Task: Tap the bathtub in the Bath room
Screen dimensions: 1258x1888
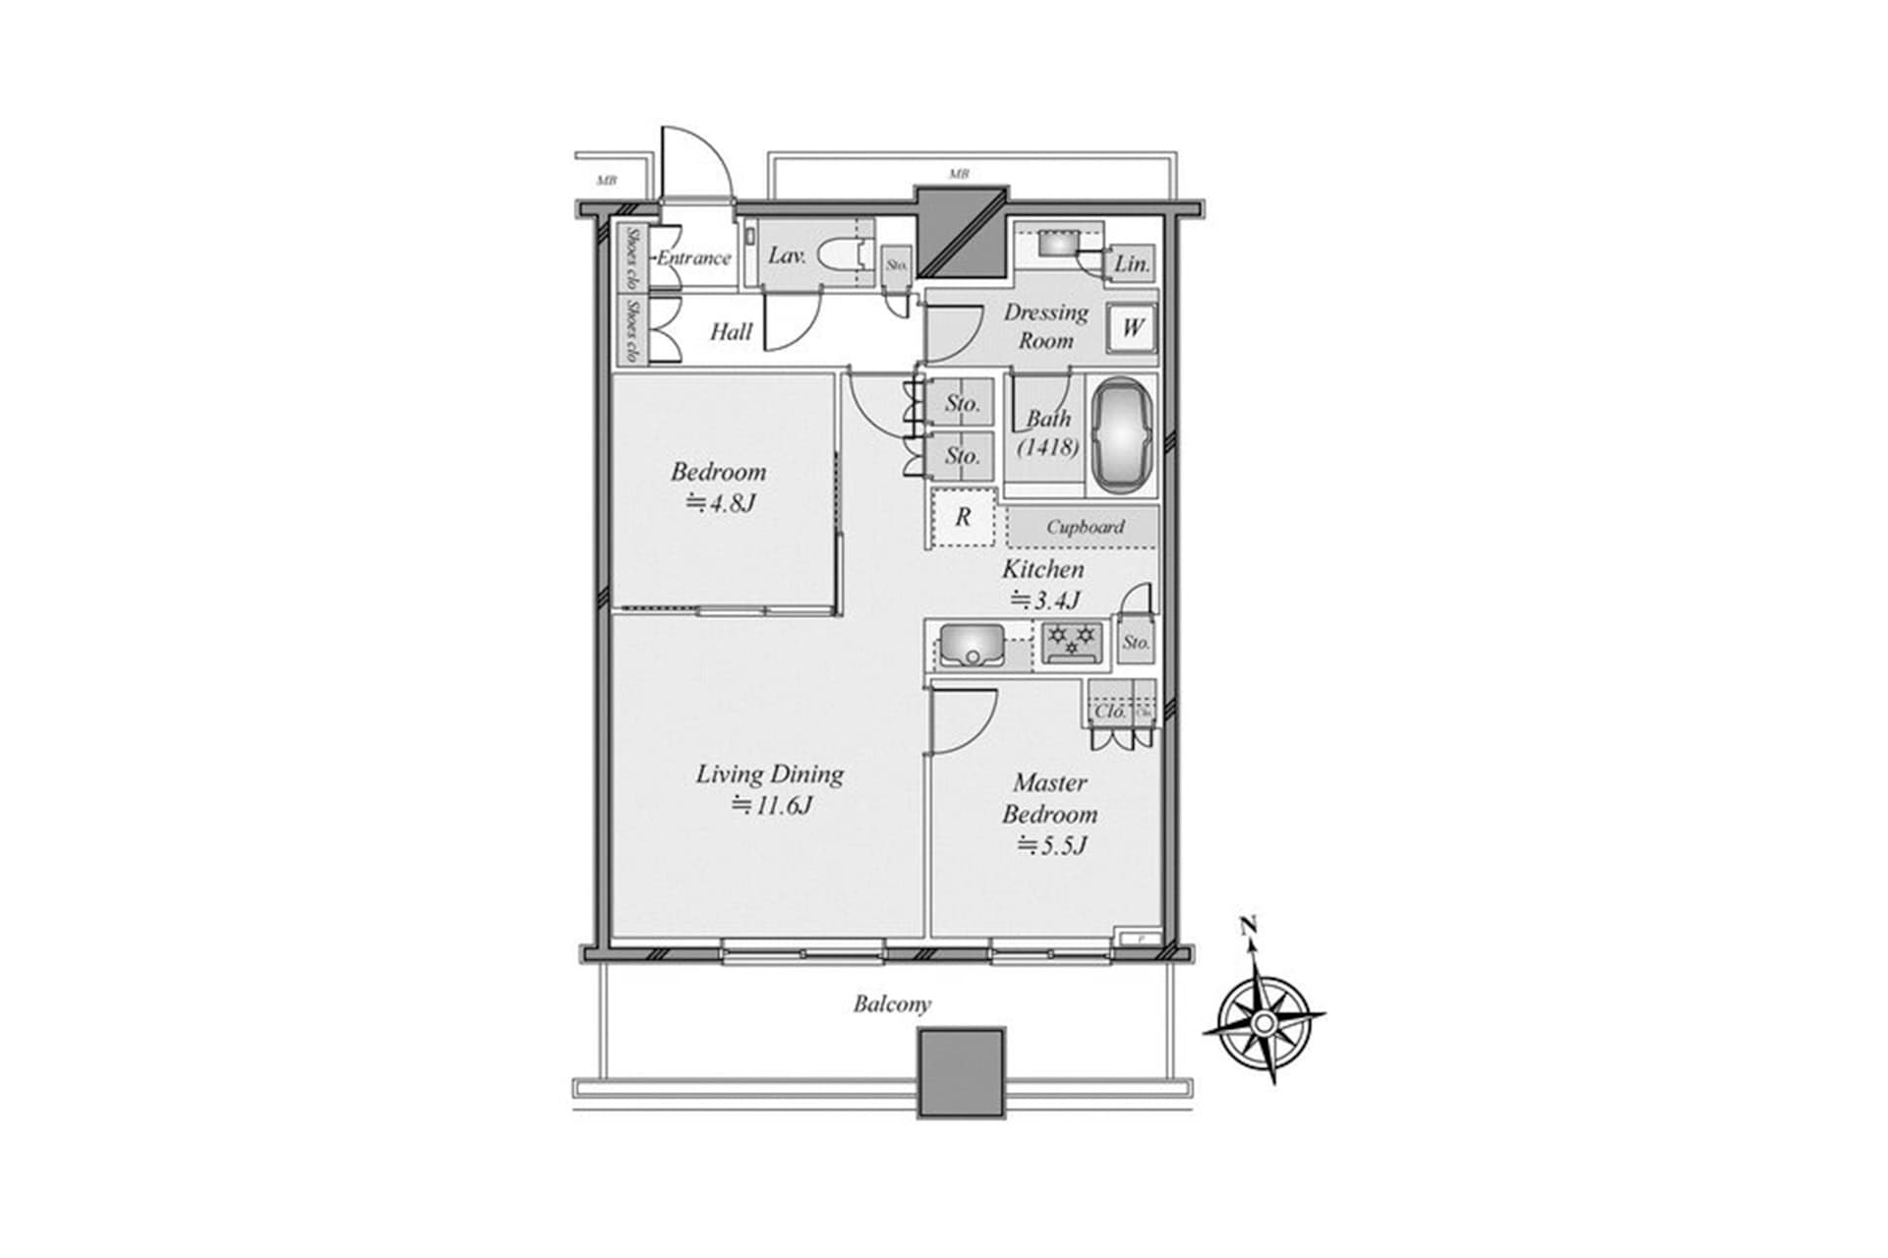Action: (1123, 437)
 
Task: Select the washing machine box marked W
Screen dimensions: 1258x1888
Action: (1132, 327)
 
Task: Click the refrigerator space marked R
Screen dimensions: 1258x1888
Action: (963, 516)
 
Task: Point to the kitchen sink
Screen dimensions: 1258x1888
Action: (972, 646)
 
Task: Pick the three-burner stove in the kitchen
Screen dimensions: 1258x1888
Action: (1072, 643)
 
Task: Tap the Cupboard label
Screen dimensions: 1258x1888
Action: (1084, 527)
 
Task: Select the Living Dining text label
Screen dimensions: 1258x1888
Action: (769, 774)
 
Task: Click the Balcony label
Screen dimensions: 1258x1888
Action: (891, 1004)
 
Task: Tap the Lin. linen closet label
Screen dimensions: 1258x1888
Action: (1131, 264)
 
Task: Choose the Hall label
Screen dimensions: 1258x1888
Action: (731, 332)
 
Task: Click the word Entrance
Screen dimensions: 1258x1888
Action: (694, 258)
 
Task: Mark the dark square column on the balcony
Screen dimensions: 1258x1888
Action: (961, 1072)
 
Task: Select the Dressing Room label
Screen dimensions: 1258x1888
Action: (1045, 326)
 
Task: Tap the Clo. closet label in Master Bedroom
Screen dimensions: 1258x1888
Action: (1110, 711)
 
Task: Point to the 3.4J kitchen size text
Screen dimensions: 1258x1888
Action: (1044, 600)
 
